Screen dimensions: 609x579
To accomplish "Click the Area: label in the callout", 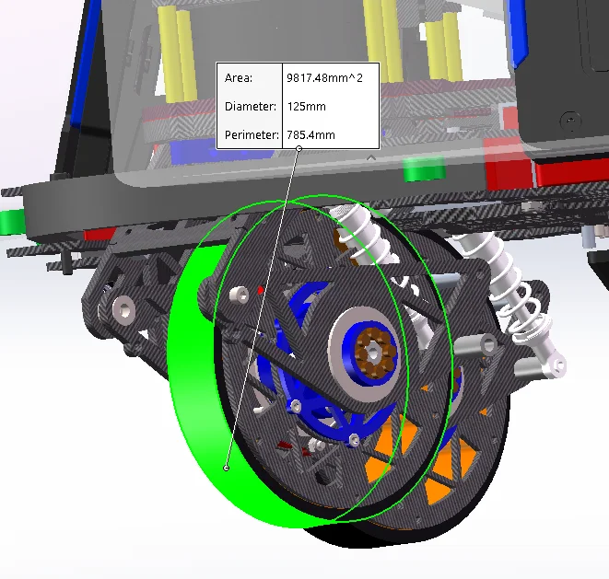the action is [x=239, y=78].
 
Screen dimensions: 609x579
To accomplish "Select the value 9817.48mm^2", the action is [x=324, y=78].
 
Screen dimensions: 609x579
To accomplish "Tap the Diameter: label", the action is [x=251, y=107].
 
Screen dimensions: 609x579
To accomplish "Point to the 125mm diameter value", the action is [x=307, y=107].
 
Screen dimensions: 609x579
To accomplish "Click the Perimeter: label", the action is [x=252, y=135].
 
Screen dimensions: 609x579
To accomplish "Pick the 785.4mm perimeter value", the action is [x=310, y=135].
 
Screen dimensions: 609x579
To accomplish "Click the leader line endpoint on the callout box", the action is [x=299, y=148].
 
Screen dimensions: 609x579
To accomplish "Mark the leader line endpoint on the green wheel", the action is [x=227, y=468].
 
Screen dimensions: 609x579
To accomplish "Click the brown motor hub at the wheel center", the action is [x=373, y=353].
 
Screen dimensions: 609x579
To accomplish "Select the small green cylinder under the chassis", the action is [x=425, y=169].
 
